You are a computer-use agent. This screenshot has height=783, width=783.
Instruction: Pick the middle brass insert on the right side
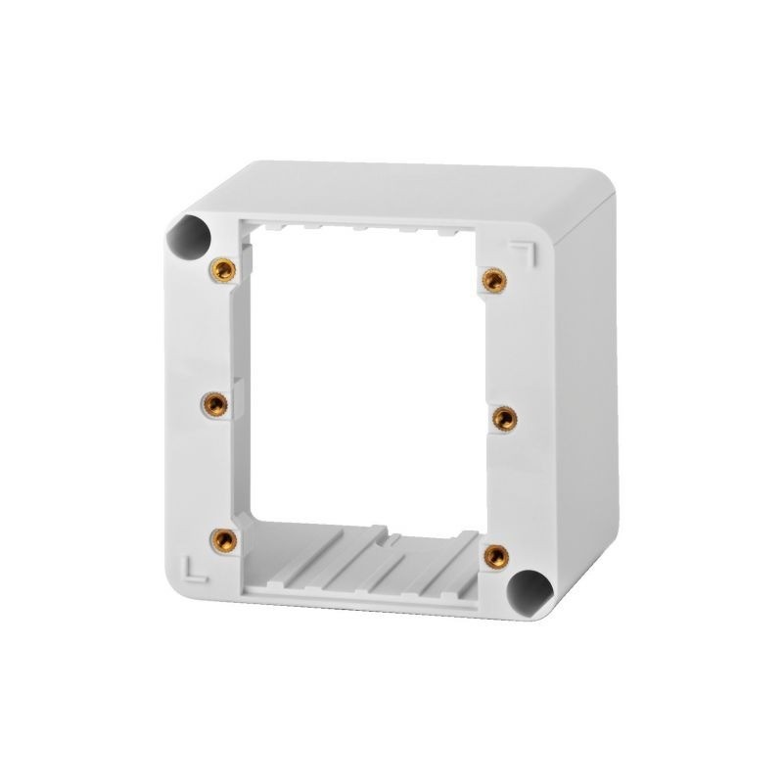click(x=502, y=418)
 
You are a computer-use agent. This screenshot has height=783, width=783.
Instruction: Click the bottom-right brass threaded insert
click(x=496, y=553)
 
